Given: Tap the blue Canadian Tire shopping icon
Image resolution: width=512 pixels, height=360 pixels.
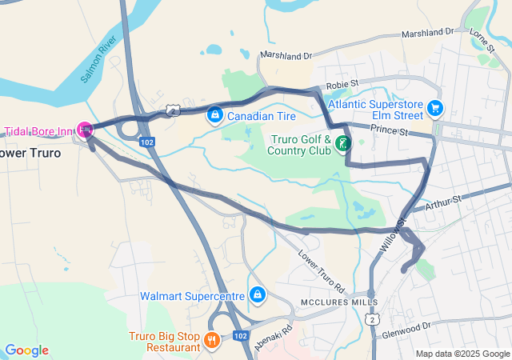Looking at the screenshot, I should coord(214,116).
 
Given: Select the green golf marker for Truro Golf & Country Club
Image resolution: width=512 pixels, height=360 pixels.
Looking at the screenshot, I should coord(342,144).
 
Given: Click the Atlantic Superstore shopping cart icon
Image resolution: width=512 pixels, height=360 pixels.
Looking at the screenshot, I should coord(435,107).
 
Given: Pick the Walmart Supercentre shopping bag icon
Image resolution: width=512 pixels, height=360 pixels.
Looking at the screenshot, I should coord(257,295).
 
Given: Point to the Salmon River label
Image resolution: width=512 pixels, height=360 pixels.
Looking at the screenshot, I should coord(99,61).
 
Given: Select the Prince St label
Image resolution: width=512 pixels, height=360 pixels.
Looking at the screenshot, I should coord(389,130).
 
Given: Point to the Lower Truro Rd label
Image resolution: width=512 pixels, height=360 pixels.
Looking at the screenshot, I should coord(321,273).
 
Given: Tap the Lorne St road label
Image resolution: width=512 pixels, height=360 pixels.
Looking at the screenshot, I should coord(483,37).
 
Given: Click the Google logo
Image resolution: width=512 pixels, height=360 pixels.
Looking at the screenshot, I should coord(26,350).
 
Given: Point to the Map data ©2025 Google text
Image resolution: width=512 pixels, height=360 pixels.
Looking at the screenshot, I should coord(462,354).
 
